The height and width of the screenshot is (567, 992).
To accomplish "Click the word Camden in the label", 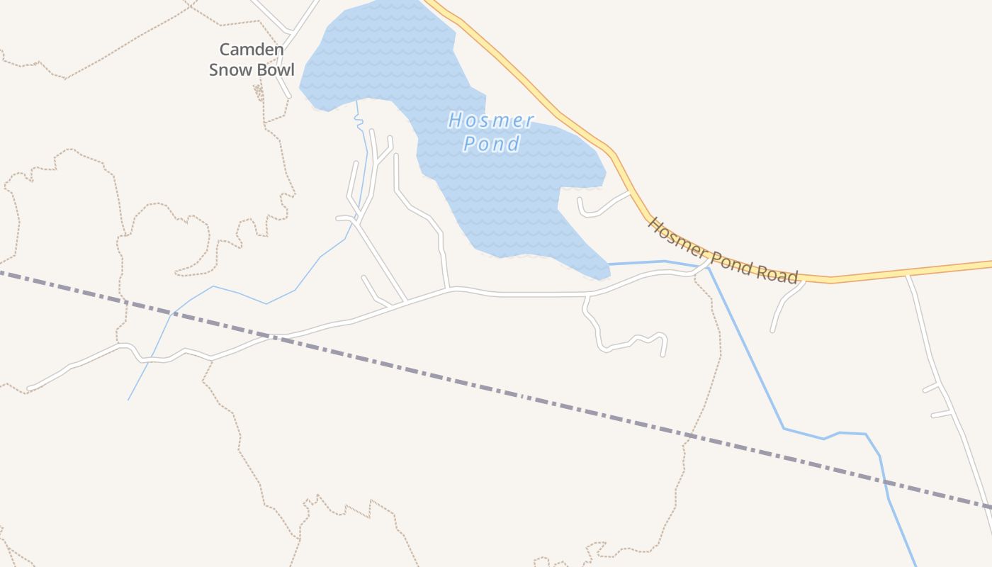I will coord(252,50).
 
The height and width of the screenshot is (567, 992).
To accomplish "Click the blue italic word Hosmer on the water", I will coord(490,120).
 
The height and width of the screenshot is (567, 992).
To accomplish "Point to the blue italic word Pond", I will coord(491,144).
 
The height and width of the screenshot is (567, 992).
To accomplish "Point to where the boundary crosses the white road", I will coord(273,336).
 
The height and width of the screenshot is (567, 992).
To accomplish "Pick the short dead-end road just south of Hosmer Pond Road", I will coord(783,305).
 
